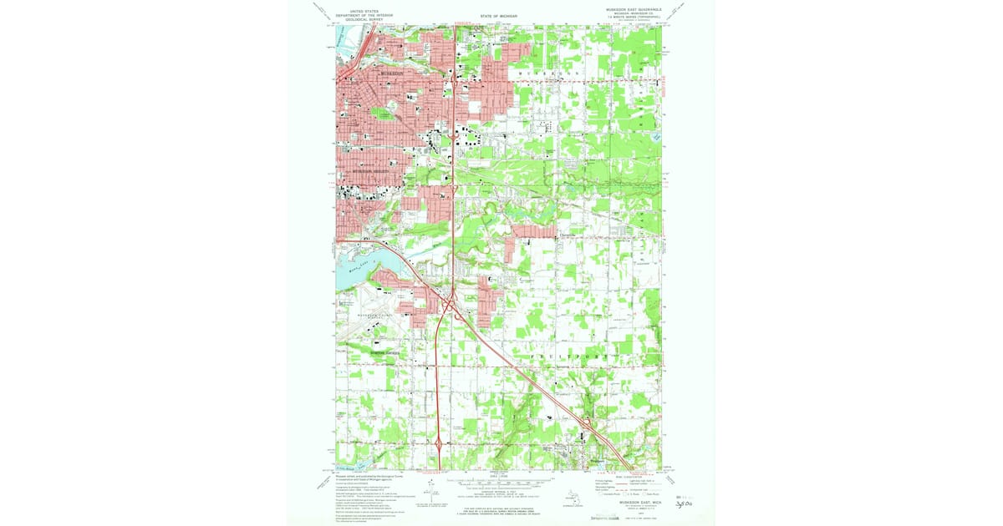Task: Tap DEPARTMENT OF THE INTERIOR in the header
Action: (362, 15)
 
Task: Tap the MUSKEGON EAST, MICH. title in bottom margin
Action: (638, 499)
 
